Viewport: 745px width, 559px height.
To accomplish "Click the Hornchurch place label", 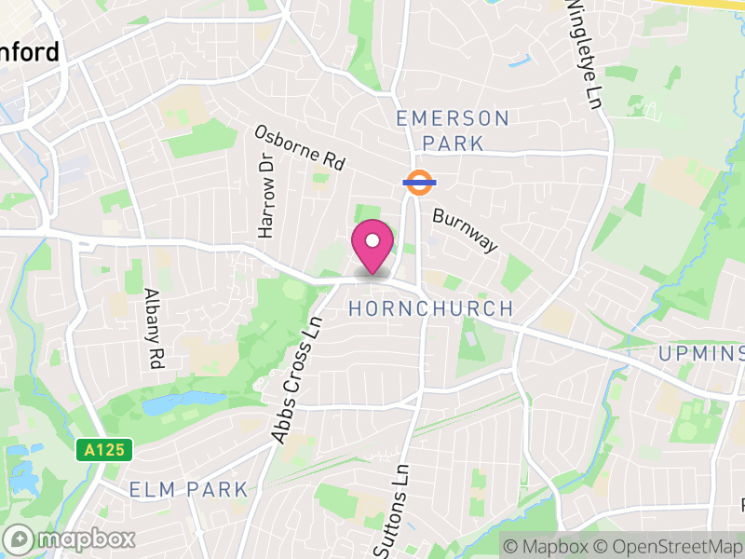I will click(x=430, y=308).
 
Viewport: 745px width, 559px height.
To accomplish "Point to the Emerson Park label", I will click(x=454, y=130).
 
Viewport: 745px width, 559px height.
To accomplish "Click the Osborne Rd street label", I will click(x=300, y=147).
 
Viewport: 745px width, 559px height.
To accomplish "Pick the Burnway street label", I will click(x=466, y=229).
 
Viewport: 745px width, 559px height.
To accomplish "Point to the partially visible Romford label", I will click(x=30, y=51).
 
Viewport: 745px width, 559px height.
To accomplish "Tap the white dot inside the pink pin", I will click(x=372, y=241).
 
